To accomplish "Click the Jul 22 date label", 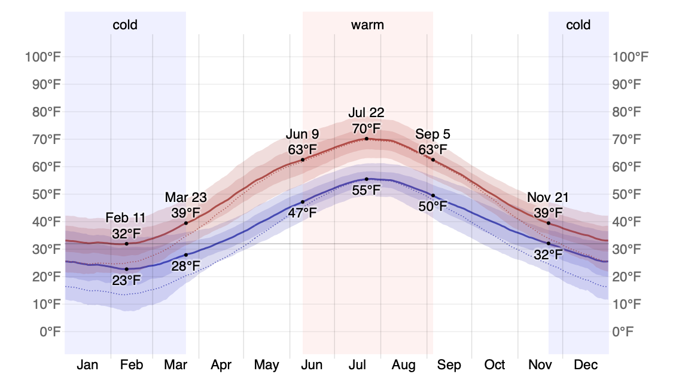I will [x=366, y=112].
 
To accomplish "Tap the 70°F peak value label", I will [x=366, y=128].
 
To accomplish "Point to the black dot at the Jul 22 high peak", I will [x=367, y=139].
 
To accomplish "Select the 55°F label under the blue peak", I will [x=366, y=190].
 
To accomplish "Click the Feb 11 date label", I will [x=126, y=217].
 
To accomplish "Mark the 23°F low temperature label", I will [x=126, y=280].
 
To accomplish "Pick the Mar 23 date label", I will [x=185, y=197].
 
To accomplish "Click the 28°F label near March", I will [x=185, y=265].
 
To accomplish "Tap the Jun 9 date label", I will [x=302, y=134].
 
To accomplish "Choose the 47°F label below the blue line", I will [x=303, y=211].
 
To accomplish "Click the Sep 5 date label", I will [x=433, y=134].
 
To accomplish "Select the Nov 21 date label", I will [x=548, y=197].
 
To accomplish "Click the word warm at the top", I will [x=367, y=25].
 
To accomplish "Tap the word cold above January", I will [x=125, y=25].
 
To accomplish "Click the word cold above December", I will [x=578, y=25].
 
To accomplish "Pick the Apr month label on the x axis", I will [x=221, y=364].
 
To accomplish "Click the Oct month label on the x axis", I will [x=495, y=364].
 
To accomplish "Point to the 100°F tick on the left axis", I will [x=43, y=57].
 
